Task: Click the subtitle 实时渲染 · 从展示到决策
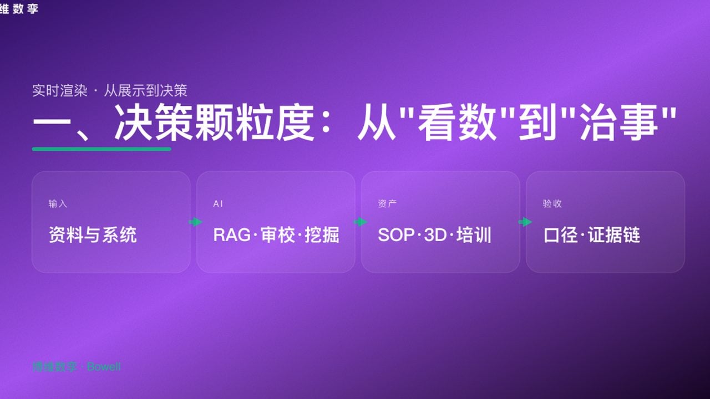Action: click(109, 91)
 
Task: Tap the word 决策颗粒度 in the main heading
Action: click(215, 125)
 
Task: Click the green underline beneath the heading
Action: click(102, 149)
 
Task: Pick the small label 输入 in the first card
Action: click(58, 204)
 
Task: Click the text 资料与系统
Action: click(93, 235)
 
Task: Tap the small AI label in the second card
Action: click(218, 204)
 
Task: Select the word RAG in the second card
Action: click(231, 235)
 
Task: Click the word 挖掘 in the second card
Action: click(322, 235)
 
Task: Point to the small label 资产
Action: click(387, 204)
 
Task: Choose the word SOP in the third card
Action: click(396, 235)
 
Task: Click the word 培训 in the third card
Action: click(474, 235)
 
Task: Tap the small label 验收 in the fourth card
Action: click(552, 204)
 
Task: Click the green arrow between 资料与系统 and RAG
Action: click(195, 222)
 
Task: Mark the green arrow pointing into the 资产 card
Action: click(361, 222)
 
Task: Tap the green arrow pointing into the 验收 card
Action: click(525, 222)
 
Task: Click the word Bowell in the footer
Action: click(104, 367)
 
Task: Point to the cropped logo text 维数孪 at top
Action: click(19, 8)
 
